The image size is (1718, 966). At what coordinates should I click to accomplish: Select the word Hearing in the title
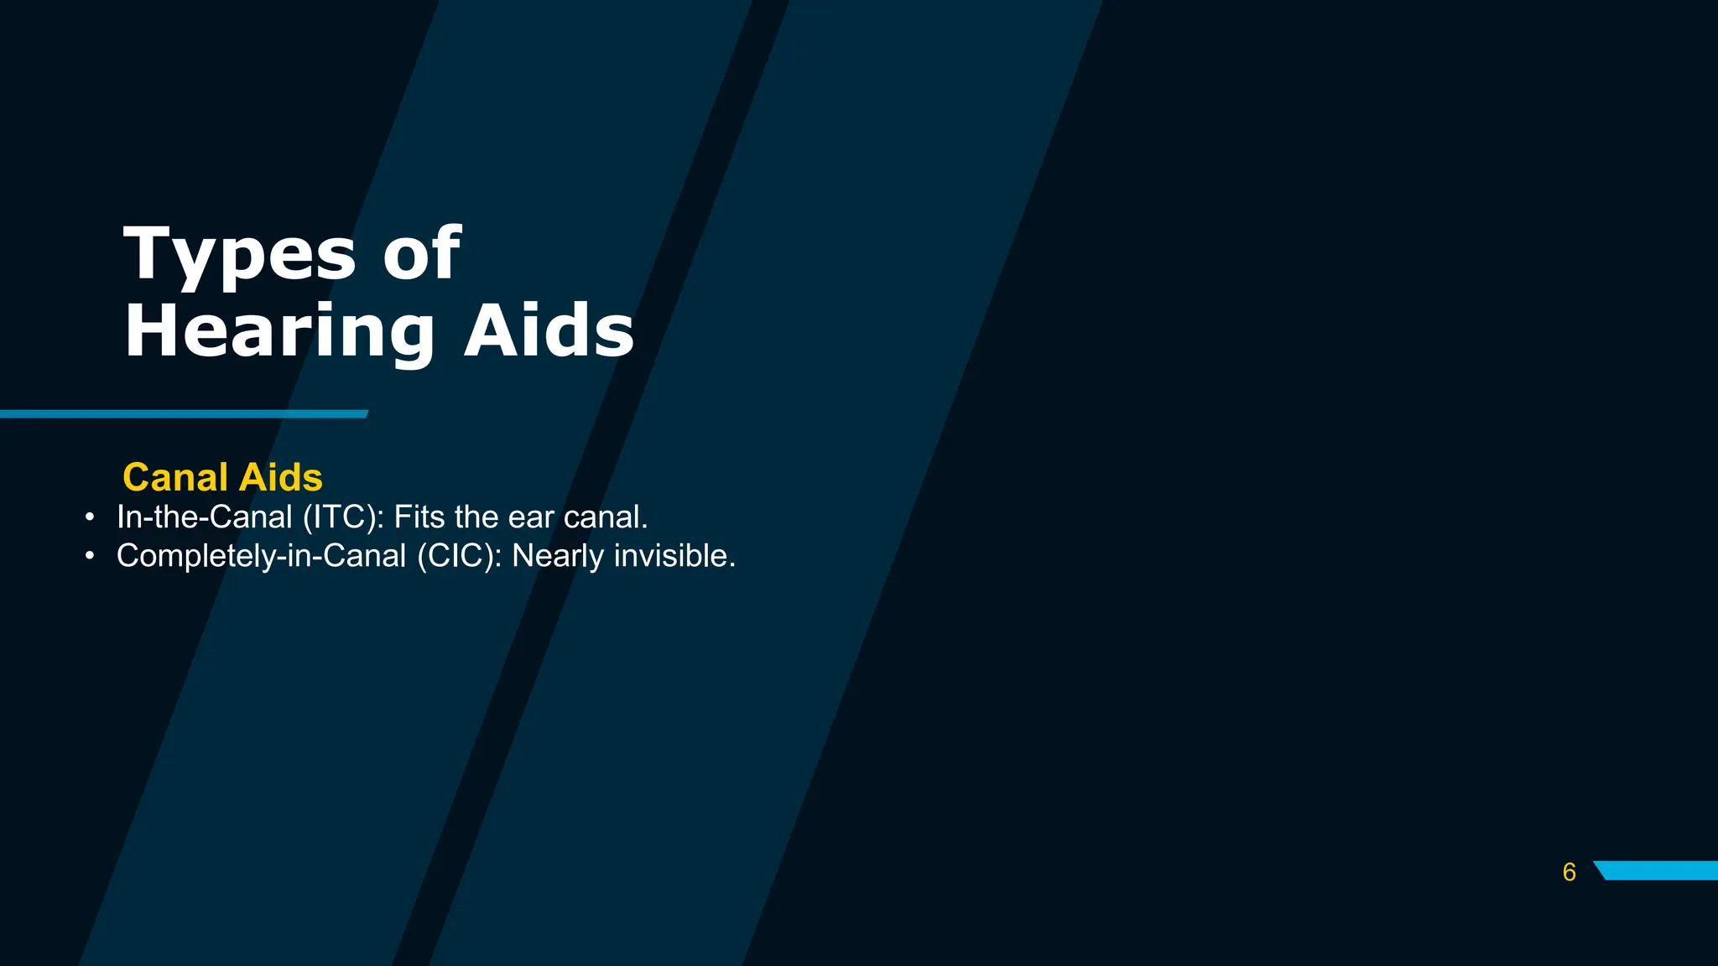pyautogui.click(x=279, y=332)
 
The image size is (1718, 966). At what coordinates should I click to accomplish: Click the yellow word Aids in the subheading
pyautogui.click(x=280, y=477)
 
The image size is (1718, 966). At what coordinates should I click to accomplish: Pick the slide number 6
pyautogui.click(x=1569, y=872)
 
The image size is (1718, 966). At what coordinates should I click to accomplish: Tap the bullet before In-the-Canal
pyautogui.click(x=90, y=517)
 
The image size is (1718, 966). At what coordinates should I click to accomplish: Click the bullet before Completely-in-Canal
pyautogui.click(x=90, y=556)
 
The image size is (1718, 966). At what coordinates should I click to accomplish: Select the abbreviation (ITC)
pyautogui.click(x=342, y=517)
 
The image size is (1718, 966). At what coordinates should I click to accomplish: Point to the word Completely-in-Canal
pyautogui.click(x=261, y=556)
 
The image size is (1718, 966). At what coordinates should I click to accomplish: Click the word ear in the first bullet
pyautogui.click(x=530, y=517)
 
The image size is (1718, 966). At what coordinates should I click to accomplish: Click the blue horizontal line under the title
pyautogui.click(x=184, y=414)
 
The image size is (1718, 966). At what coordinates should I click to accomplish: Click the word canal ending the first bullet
pyautogui.click(x=605, y=517)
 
